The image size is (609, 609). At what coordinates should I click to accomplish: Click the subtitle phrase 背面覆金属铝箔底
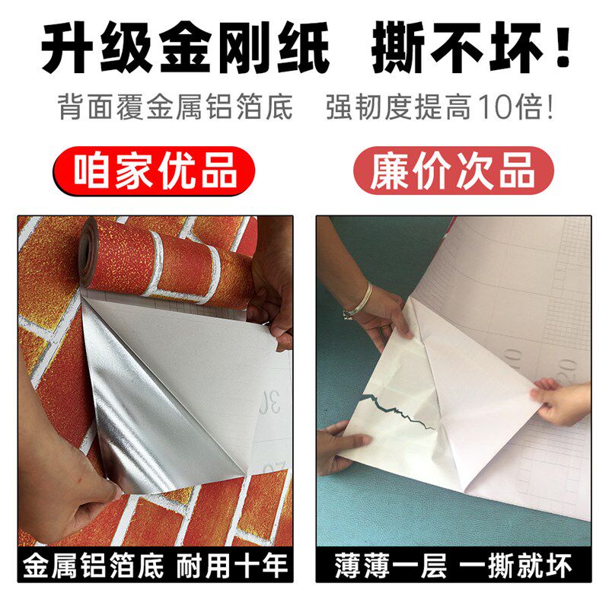point(175,107)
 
